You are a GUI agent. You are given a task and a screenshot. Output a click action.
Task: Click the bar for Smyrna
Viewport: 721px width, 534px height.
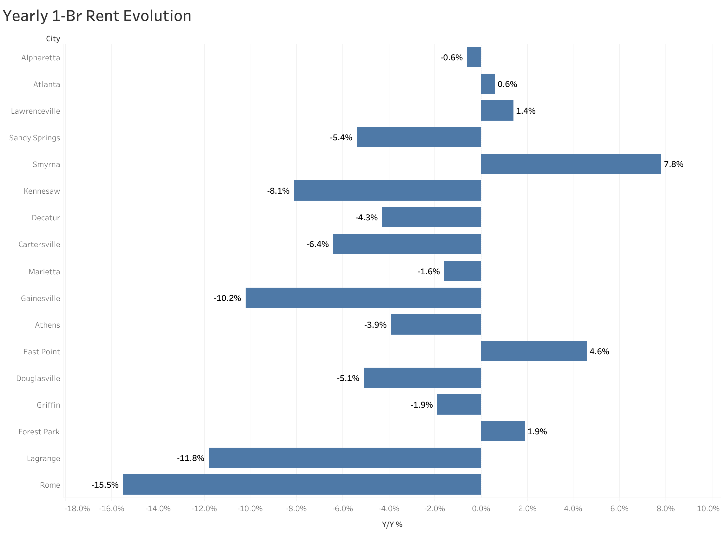pyautogui.click(x=571, y=164)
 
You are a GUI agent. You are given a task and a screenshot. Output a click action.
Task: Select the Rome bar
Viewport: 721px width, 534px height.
pyautogui.click(x=302, y=484)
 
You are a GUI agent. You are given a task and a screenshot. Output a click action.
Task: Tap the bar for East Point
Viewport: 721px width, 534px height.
pyautogui.click(x=534, y=351)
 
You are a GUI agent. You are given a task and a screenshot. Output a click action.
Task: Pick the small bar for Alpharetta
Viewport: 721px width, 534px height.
pyautogui.click(x=474, y=57)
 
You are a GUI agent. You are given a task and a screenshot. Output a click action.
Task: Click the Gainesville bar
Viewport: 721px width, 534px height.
pyautogui.click(x=363, y=298)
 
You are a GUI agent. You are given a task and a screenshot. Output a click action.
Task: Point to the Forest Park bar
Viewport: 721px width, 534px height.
pyautogui.click(x=503, y=431)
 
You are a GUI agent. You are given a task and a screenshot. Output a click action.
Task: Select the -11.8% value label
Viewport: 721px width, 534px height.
pyautogui.click(x=191, y=458)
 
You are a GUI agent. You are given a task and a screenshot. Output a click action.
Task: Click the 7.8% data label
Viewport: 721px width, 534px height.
pyautogui.click(x=673, y=164)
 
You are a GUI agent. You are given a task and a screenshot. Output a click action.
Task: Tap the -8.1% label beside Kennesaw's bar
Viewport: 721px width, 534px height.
pyautogui.click(x=278, y=191)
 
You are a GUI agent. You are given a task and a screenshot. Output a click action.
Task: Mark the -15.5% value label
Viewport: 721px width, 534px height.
pyautogui.click(x=105, y=485)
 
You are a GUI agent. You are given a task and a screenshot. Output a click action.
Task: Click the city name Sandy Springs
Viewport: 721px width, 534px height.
pyautogui.click(x=35, y=138)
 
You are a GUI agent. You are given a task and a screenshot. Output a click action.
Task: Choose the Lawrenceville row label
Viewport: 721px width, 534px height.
pyautogui.click(x=36, y=111)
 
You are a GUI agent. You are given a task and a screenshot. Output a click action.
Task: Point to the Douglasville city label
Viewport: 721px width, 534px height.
pyautogui.click(x=38, y=378)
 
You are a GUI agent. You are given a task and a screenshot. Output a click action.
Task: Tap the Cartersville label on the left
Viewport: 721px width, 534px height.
pyautogui.click(x=39, y=244)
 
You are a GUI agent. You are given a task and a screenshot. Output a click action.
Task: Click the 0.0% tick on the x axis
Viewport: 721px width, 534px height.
pyautogui.click(x=481, y=509)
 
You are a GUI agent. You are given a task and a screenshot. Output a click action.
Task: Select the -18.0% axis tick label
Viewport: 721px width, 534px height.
pyautogui.click(x=77, y=509)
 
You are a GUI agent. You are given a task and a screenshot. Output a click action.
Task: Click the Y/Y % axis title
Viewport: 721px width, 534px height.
pyautogui.click(x=392, y=524)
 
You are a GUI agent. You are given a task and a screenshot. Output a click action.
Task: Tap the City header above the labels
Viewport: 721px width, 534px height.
pyautogui.click(x=53, y=39)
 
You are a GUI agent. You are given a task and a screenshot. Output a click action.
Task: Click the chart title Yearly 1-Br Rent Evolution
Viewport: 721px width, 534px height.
pyautogui.click(x=97, y=16)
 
